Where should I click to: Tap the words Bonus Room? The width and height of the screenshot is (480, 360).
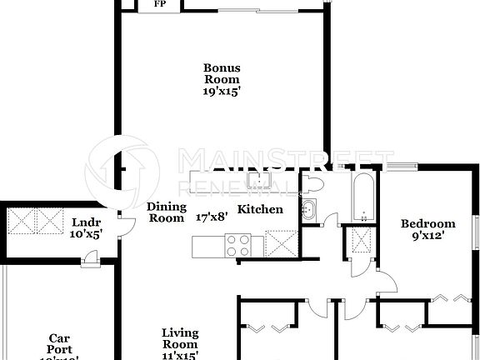(222, 74)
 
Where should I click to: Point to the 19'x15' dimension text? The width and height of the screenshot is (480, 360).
(222, 92)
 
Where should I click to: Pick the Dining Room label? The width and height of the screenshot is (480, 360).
(165, 212)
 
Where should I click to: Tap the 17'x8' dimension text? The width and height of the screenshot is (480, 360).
(212, 217)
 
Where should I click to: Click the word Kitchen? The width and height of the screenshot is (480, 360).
(260, 210)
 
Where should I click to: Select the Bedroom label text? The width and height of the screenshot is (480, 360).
(427, 223)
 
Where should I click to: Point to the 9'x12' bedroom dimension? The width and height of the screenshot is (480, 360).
(427, 236)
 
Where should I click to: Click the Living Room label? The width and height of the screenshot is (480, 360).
(180, 338)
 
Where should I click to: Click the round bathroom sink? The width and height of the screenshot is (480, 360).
(308, 210)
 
